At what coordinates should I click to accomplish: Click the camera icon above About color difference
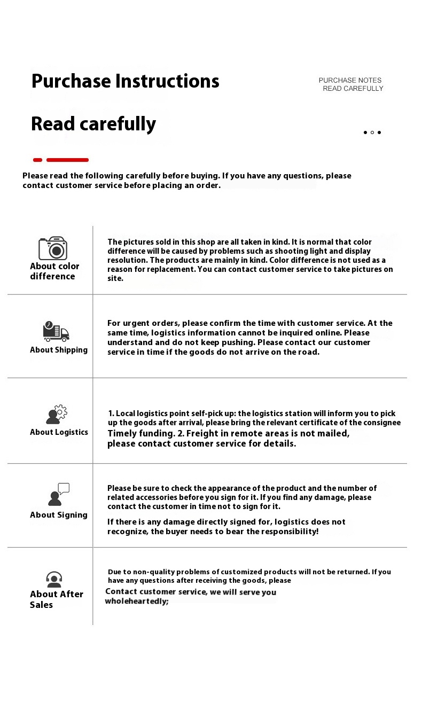pos(52,248)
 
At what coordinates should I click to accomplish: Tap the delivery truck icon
pos(56,332)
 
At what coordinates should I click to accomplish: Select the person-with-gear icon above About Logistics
pos(57,415)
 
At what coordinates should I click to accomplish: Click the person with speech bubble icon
pos(58,495)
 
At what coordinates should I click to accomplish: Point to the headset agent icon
pos(54,579)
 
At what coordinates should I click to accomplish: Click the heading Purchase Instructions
pos(125,81)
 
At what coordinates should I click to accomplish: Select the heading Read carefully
pos(93,124)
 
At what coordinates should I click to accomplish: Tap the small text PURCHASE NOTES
pos(350,80)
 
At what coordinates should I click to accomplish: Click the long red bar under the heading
pos(67,160)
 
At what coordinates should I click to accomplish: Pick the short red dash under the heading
pos(37,160)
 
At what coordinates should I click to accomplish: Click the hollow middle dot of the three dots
pos(372,132)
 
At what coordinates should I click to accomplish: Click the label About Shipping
pos(59,350)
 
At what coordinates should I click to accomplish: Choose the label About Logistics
pos(59,432)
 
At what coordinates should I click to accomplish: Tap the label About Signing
pos(59,515)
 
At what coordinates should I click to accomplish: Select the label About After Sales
pos(56,599)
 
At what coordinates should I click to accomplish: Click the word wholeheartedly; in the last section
pos(137,601)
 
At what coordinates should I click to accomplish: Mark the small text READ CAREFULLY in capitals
pos(353,89)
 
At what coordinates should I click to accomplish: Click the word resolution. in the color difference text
pos(127,260)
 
